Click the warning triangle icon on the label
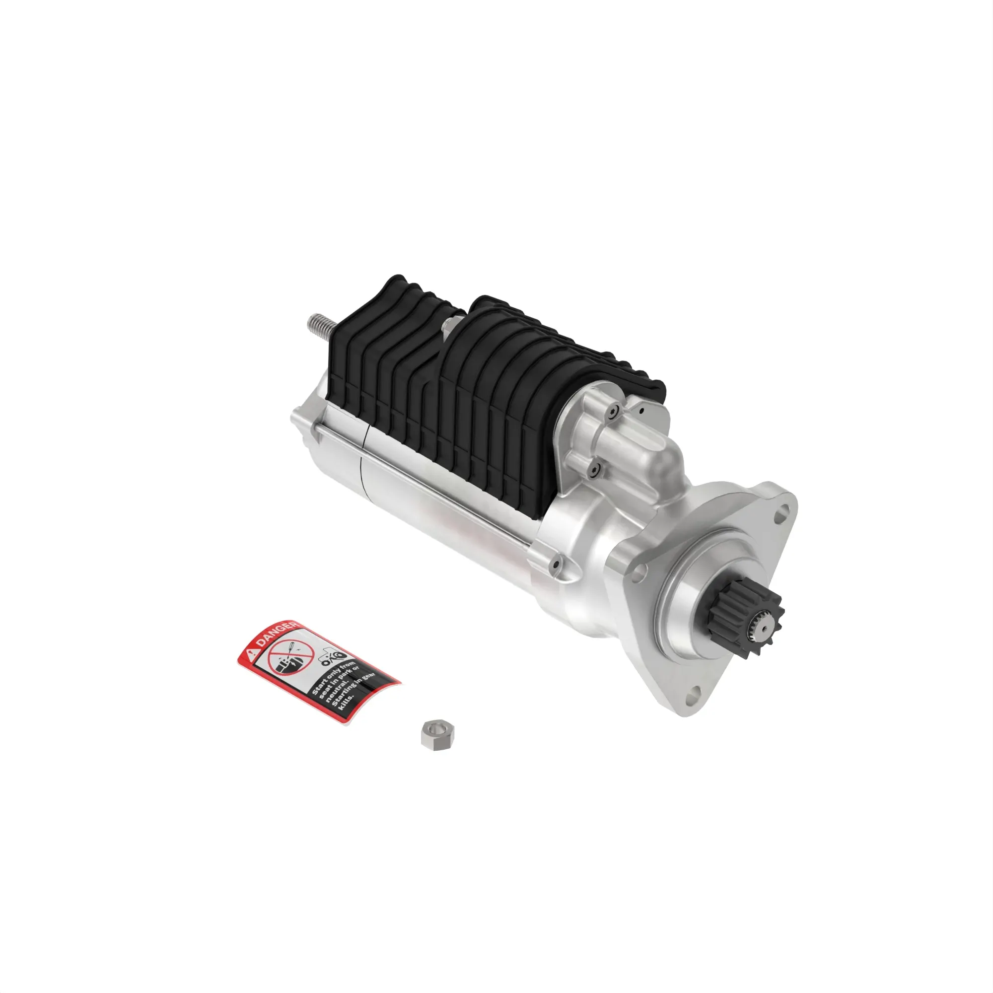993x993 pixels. (251, 654)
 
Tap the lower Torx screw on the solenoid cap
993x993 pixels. (595, 468)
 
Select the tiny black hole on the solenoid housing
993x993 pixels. (642, 410)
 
